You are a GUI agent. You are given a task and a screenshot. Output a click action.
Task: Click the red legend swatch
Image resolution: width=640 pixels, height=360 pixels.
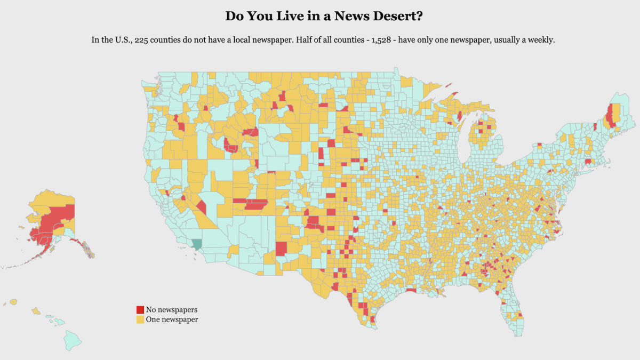pyautogui.click(x=140, y=310)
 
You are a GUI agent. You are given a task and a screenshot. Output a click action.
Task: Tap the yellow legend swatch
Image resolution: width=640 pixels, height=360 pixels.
pyautogui.click(x=140, y=319)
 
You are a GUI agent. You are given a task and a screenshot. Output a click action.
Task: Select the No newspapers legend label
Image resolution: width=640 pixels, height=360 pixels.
pyautogui.click(x=171, y=310)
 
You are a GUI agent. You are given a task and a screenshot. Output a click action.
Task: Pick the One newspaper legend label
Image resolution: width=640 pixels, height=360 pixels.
pyautogui.click(x=172, y=319)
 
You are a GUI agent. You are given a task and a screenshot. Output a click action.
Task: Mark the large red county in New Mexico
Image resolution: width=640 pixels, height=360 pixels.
pyautogui.click(x=281, y=249)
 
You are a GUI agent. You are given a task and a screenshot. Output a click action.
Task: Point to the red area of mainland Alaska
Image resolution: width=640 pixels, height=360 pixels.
pyautogui.click(x=53, y=221)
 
